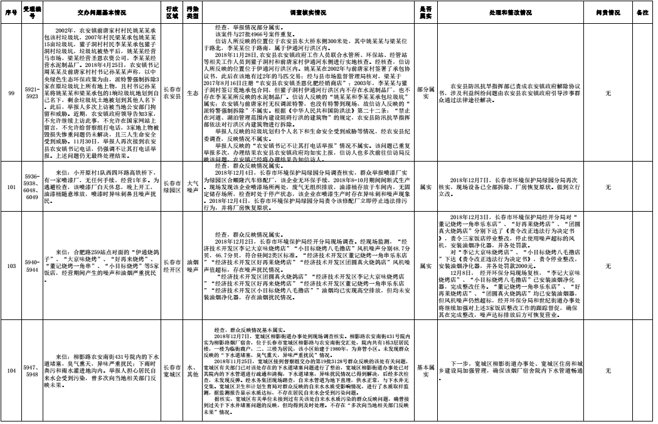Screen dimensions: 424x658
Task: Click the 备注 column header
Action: [642, 13]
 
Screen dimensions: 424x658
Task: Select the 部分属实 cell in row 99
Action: [425, 93]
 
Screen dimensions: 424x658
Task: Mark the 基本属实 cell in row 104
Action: [425, 371]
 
